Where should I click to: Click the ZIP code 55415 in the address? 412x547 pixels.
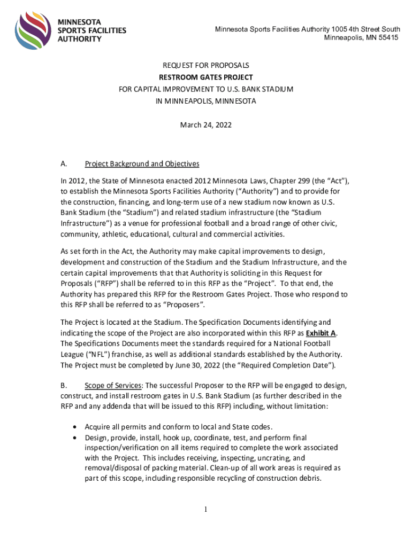387,38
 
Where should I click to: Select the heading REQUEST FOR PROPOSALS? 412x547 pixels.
206,66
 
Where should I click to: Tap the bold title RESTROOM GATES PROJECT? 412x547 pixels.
206,77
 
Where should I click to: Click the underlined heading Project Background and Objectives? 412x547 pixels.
142,163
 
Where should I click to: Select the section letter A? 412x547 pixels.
64,163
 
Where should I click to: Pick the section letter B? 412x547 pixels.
64,385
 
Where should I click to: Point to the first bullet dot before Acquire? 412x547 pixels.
74,427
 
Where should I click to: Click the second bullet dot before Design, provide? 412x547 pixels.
74,437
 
